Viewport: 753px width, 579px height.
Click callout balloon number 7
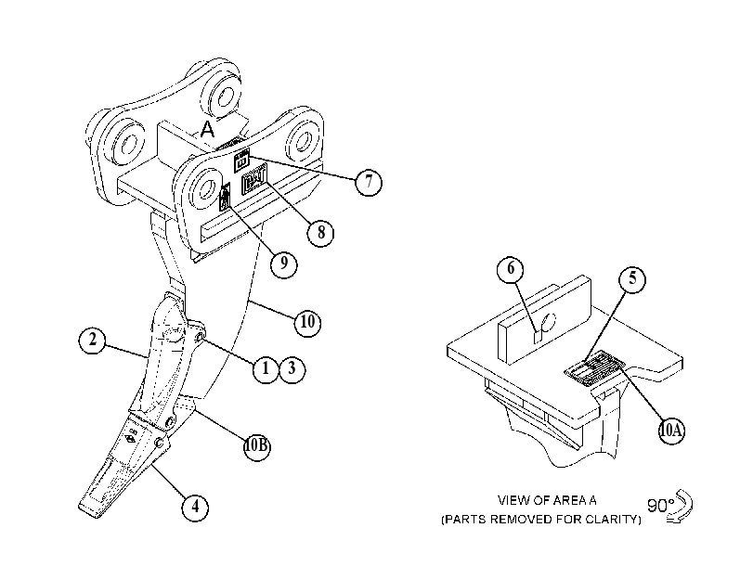[369, 182]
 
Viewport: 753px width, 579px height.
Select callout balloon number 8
[321, 233]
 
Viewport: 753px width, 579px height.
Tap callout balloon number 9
[284, 264]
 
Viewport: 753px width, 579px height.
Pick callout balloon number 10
[307, 322]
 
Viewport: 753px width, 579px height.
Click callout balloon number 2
[92, 341]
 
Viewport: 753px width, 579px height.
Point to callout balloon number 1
[266, 369]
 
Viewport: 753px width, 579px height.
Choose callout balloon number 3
[292, 369]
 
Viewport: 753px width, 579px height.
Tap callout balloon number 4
[195, 507]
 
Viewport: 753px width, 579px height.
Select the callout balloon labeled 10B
[257, 446]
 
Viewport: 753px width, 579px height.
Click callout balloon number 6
[511, 268]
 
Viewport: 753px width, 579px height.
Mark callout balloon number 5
[632, 279]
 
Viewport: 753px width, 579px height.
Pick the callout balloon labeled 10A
[671, 431]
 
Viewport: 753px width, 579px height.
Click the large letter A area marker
[207, 129]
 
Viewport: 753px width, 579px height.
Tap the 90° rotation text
[660, 505]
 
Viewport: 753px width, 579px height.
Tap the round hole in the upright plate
[548, 321]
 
